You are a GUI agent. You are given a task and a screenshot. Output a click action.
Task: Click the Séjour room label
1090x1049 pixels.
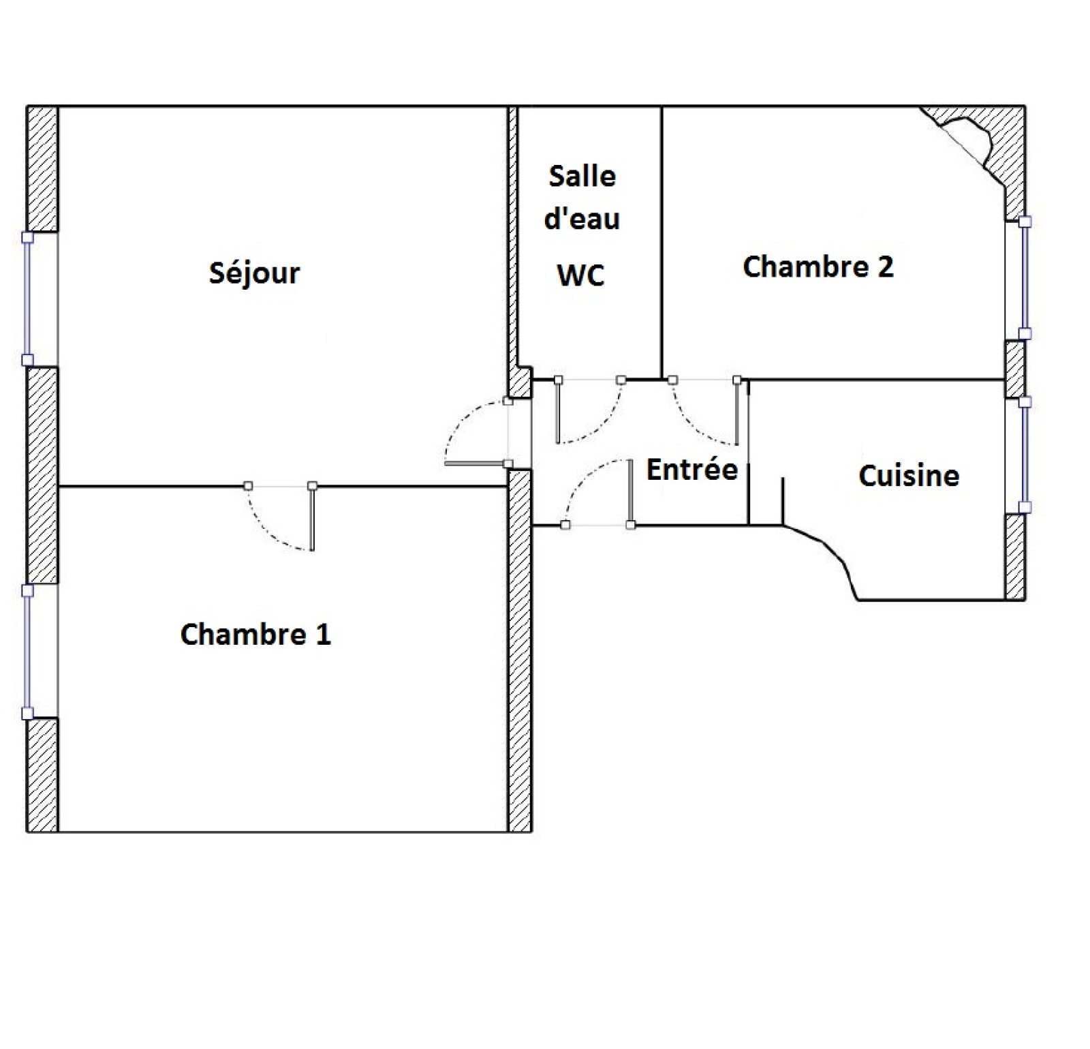254,273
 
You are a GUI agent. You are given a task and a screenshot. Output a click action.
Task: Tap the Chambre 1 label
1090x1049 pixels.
255,634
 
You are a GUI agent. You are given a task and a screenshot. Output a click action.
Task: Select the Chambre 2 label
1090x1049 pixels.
817,266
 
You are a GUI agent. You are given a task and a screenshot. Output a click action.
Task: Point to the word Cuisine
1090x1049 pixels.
909,475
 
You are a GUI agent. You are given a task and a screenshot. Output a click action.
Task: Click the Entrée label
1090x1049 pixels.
692,469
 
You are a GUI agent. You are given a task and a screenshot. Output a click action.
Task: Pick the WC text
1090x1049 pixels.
581,275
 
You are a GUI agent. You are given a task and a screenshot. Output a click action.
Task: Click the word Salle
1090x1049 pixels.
582,176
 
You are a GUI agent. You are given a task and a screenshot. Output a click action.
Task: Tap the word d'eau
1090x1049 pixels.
582,218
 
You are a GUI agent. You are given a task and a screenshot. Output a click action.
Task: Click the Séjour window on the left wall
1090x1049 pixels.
28,299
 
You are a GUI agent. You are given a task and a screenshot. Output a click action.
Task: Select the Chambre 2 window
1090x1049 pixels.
1024,277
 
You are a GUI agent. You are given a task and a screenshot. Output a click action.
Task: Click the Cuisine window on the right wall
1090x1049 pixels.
1024,455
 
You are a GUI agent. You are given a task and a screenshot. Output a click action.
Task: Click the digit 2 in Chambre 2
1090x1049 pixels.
885,266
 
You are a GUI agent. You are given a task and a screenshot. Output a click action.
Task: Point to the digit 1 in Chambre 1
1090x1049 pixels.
324,634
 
